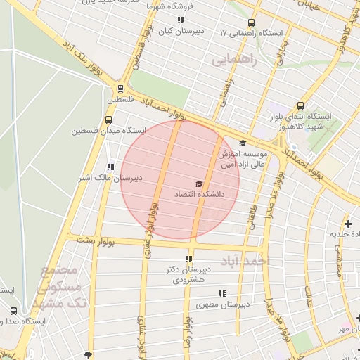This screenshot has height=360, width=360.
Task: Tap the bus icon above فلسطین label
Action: pos(121,89)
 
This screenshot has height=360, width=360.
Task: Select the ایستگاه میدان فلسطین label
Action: pos(108,131)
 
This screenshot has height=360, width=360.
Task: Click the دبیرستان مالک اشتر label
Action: pos(108,178)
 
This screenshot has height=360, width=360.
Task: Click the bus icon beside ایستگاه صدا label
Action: pos(14,311)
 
